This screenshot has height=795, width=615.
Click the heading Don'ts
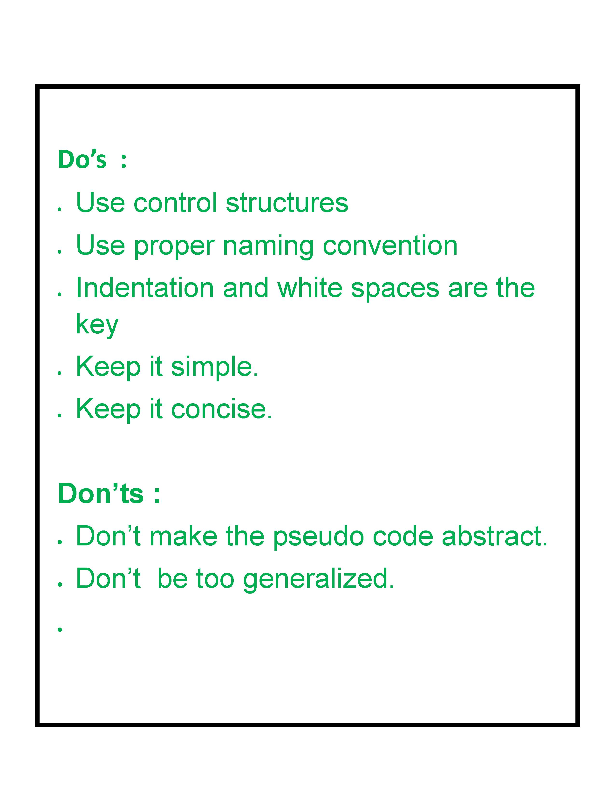click(101, 494)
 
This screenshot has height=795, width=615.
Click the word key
click(97, 325)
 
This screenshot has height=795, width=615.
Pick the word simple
click(215, 368)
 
